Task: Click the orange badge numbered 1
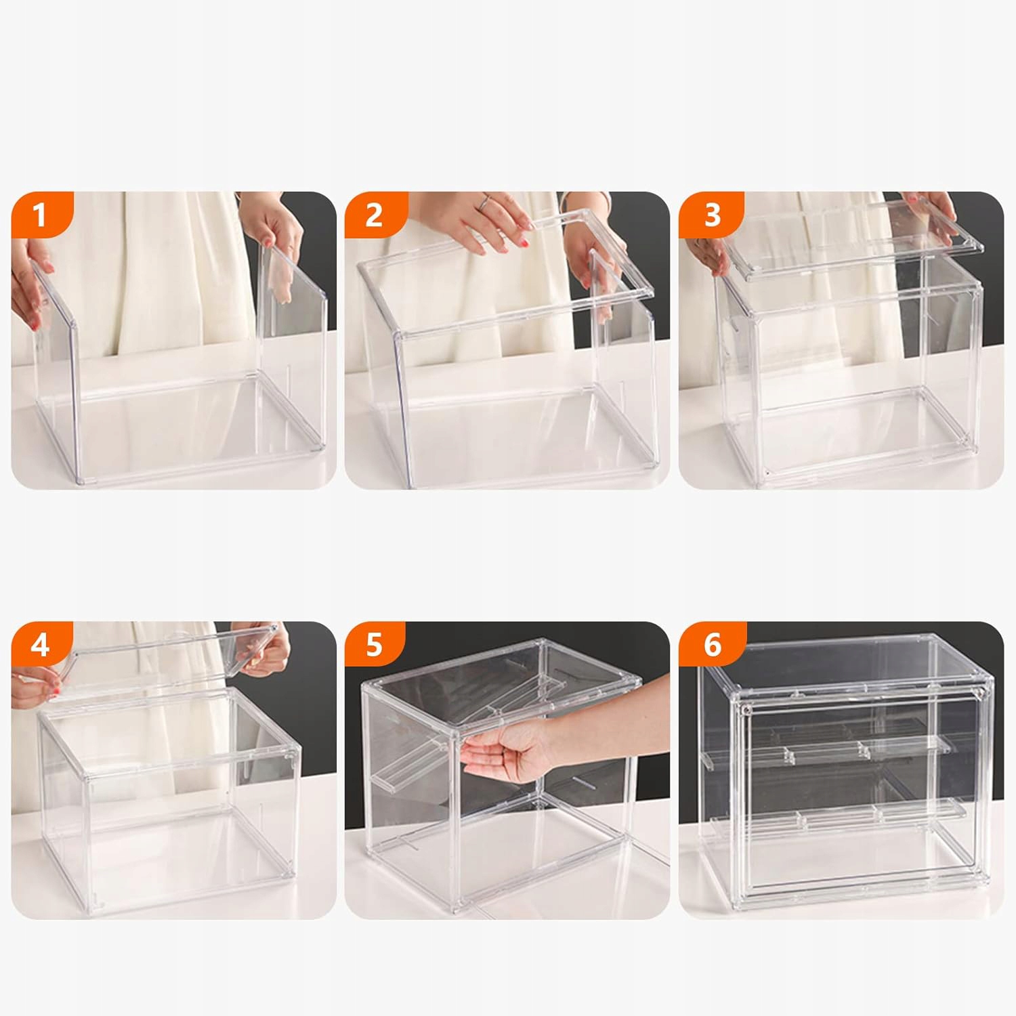click(x=39, y=215)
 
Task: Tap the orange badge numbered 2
click(x=374, y=215)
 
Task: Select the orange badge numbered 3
click(x=711, y=215)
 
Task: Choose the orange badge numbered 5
click(x=375, y=644)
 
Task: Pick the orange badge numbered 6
click(x=712, y=644)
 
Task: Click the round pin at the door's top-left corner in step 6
click(x=745, y=709)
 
